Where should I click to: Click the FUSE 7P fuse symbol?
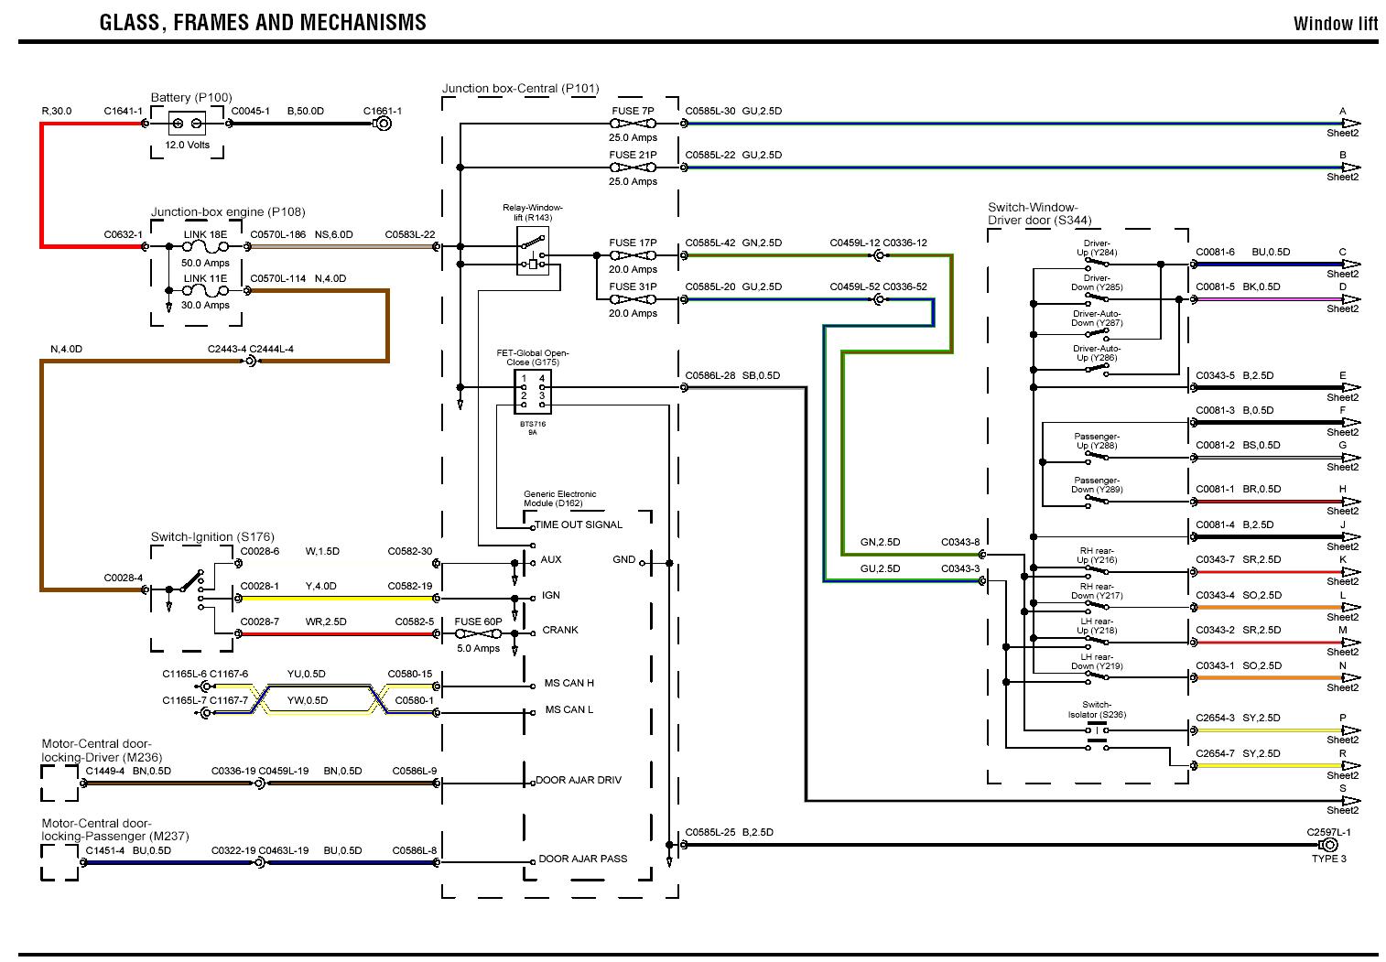tap(633, 124)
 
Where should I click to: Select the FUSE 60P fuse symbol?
tap(478, 634)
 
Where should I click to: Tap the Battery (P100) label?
tap(191, 98)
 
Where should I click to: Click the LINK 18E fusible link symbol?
tap(205, 247)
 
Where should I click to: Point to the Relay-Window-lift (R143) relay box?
tap(532, 251)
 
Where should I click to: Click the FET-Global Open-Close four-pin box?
tap(533, 393)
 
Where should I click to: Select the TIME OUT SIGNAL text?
tap(579, 524)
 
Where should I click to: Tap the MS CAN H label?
tap(568, 683)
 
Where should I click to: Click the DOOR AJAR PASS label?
tap(583, 859)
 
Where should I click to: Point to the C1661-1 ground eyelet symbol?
tap(384, 124)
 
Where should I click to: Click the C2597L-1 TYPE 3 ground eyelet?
tap(1328, 845)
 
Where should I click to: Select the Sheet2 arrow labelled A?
tap(1350, 124)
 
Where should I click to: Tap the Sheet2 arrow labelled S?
tap(1350, 801)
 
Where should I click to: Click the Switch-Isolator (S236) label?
tap(1097, 709)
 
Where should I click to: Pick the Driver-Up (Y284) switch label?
tap(1097, 247)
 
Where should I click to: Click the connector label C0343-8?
tap(960, 542)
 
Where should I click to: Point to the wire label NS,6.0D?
tap(333, 234)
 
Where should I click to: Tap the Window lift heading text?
tap(1336, 24)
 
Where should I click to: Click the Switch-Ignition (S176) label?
tap(212, 536)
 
